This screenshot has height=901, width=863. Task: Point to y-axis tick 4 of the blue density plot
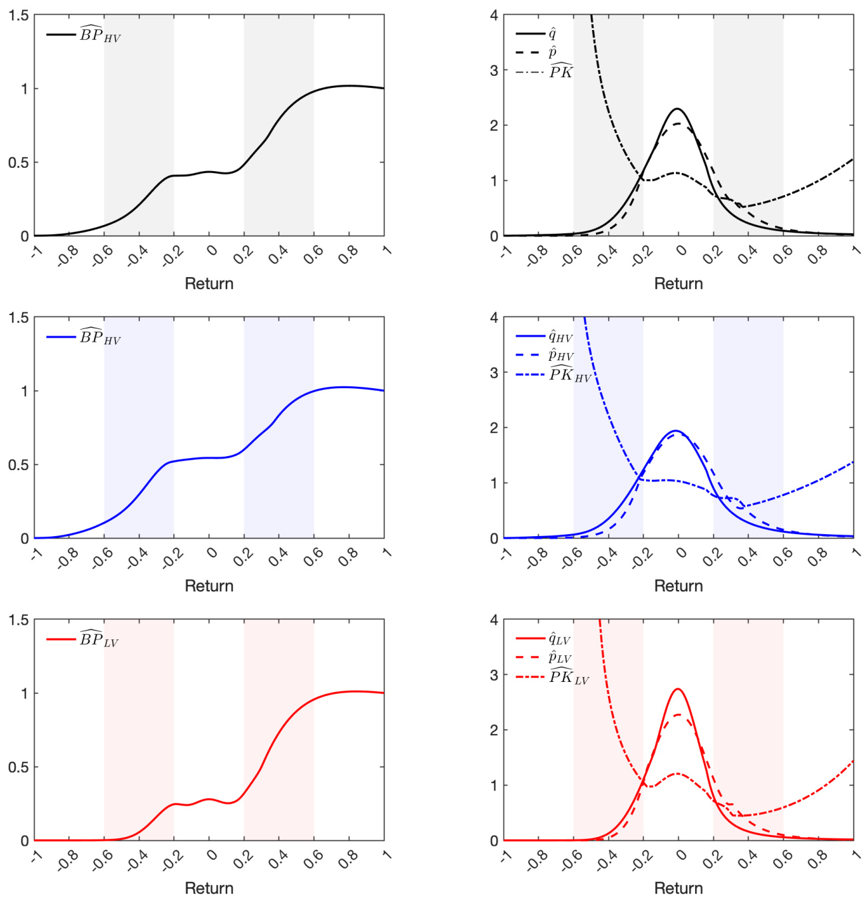(x=493, y=318)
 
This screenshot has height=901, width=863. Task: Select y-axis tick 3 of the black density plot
(x=493, y=71)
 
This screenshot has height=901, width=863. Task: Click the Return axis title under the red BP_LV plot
(x=209, y=888)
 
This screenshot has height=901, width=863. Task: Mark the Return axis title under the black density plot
(x=679, y=284)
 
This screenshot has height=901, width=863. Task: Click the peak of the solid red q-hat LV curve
(x=678, y=689)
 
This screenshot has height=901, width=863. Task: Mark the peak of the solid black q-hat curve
(x=677, y=109)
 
